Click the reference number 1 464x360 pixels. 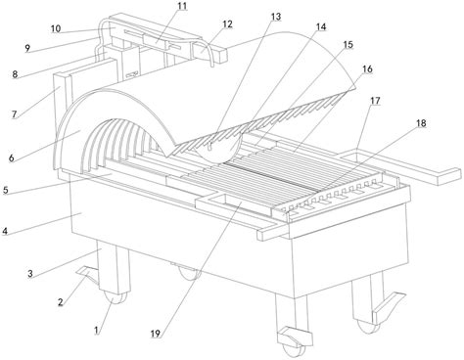[x=96, y=331]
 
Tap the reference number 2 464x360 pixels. [x=61, y=302]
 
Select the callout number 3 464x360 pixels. [x=30, y=274]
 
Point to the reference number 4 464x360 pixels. [x=5, y=232]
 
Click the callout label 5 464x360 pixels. [x=6, y=190]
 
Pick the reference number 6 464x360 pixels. [x=12, y=158]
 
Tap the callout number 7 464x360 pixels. [x=14, y=114]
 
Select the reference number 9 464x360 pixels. [x=27, y=48]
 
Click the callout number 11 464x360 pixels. [x=182, y=6]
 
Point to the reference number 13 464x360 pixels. [x=276, y=17]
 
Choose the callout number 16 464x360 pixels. [x=367, y=69]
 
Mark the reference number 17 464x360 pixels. [x=375, y=101]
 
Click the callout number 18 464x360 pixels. [x=421, y=123]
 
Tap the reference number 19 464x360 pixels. [x=156, y=334]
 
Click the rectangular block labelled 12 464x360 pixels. [x=209, y=52]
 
